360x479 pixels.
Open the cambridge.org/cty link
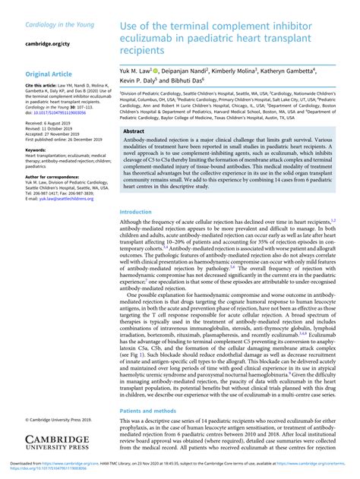[x=50, y=44]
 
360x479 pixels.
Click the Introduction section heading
[x=143, y=212]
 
